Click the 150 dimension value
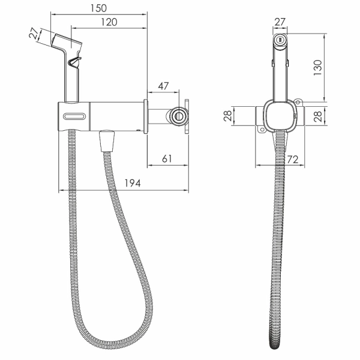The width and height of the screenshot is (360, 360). pyautogui.click(x=98, y=8)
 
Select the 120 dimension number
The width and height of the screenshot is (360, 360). pyautogui.click(x=109, y=22)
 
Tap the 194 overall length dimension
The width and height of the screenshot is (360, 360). pyautogui.click(x=133, y=183)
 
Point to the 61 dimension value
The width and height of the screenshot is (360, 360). pyautogui.click(x=167, y=158)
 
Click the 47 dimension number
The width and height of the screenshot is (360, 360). pyautogui.click(x=163, y=86)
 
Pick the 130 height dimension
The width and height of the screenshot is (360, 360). pyautogui.click(x=318, y=67)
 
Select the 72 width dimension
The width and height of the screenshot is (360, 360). pyautogui.click(x=293, y=160)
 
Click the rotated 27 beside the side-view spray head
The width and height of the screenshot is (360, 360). pyautogui.click(x=34, y=33)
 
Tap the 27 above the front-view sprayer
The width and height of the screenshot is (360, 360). pyautogui.click(x=280, y=22)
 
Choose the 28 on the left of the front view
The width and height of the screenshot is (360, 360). pyautogui.click(x=227, y=116)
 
